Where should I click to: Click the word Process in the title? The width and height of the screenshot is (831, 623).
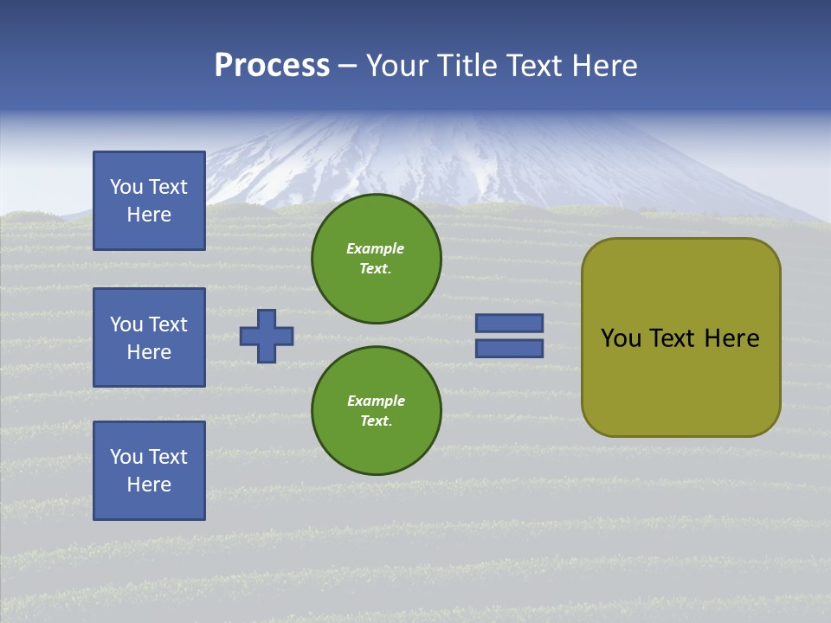point(272,66)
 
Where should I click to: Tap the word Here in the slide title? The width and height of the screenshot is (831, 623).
point(605,66)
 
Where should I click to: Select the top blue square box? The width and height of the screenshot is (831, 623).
point(149,201)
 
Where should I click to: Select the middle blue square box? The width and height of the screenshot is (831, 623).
point(149,337)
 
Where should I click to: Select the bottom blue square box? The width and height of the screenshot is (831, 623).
point(149,471)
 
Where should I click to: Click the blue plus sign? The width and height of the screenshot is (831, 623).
point(267,336)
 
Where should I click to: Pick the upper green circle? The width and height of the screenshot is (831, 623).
point(377,258)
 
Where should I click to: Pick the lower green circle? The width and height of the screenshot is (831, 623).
point(377,410)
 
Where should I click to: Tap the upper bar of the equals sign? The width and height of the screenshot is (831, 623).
point(510,323)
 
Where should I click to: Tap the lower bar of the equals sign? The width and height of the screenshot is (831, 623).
point(510,349)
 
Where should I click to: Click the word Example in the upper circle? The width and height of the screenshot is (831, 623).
point(375,248)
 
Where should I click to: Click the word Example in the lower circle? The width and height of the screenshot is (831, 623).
point(375,401)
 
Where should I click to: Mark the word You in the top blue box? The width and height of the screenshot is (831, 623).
point(126,187)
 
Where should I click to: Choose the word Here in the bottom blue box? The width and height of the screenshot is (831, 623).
point(149,485)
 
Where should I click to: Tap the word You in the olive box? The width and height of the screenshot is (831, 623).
point(621,338)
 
